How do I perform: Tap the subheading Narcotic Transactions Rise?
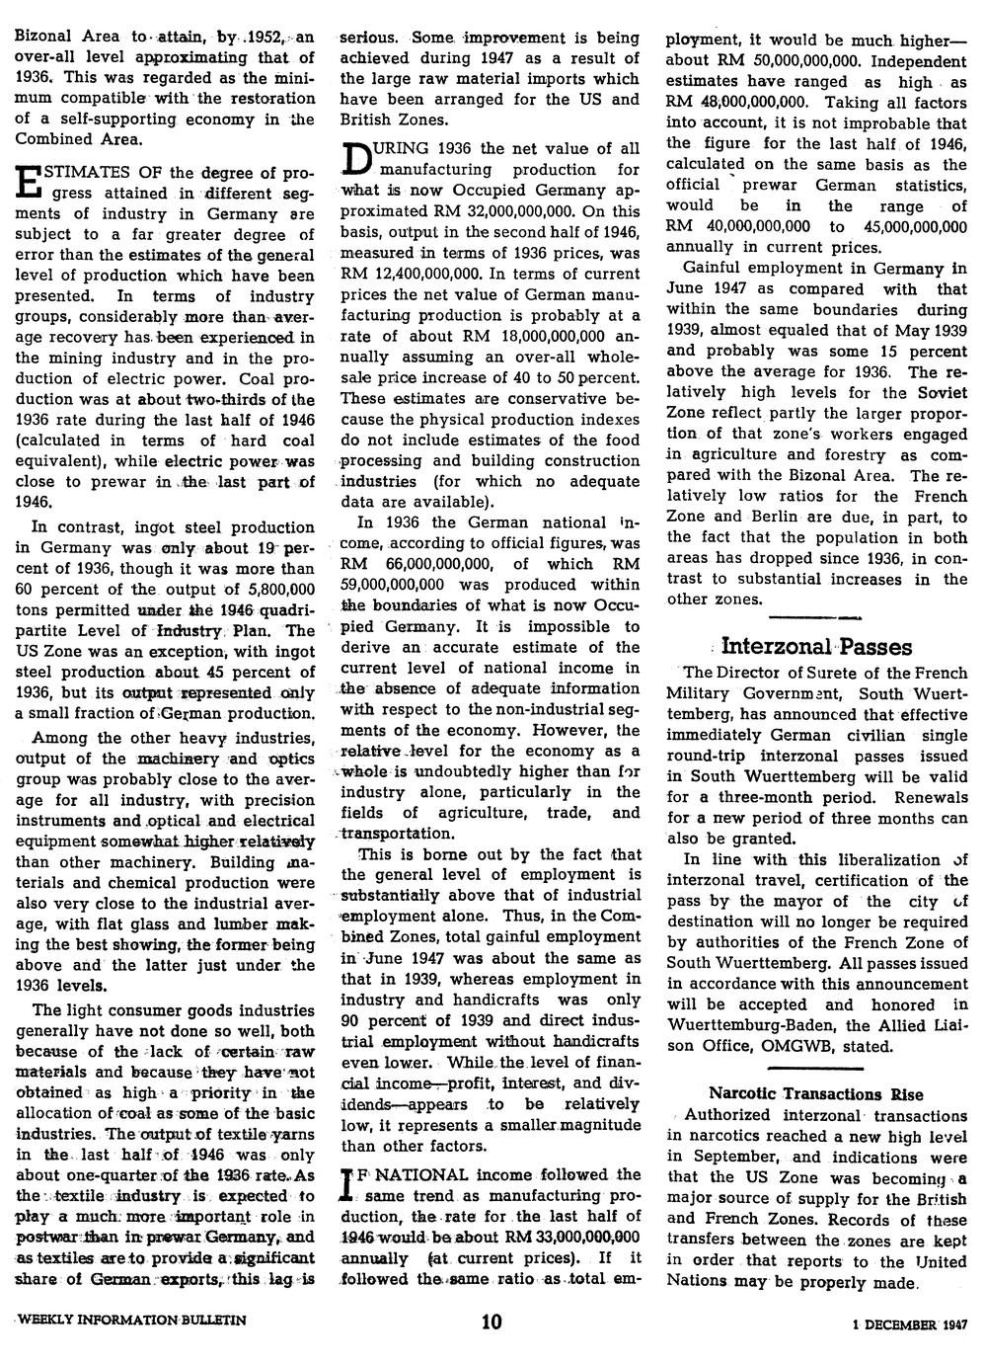[x=816, y=1093]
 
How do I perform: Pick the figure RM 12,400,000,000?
[x=410, y=274]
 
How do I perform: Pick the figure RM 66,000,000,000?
[x=416, y=563]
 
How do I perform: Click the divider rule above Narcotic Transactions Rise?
[x=816, y=1069]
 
